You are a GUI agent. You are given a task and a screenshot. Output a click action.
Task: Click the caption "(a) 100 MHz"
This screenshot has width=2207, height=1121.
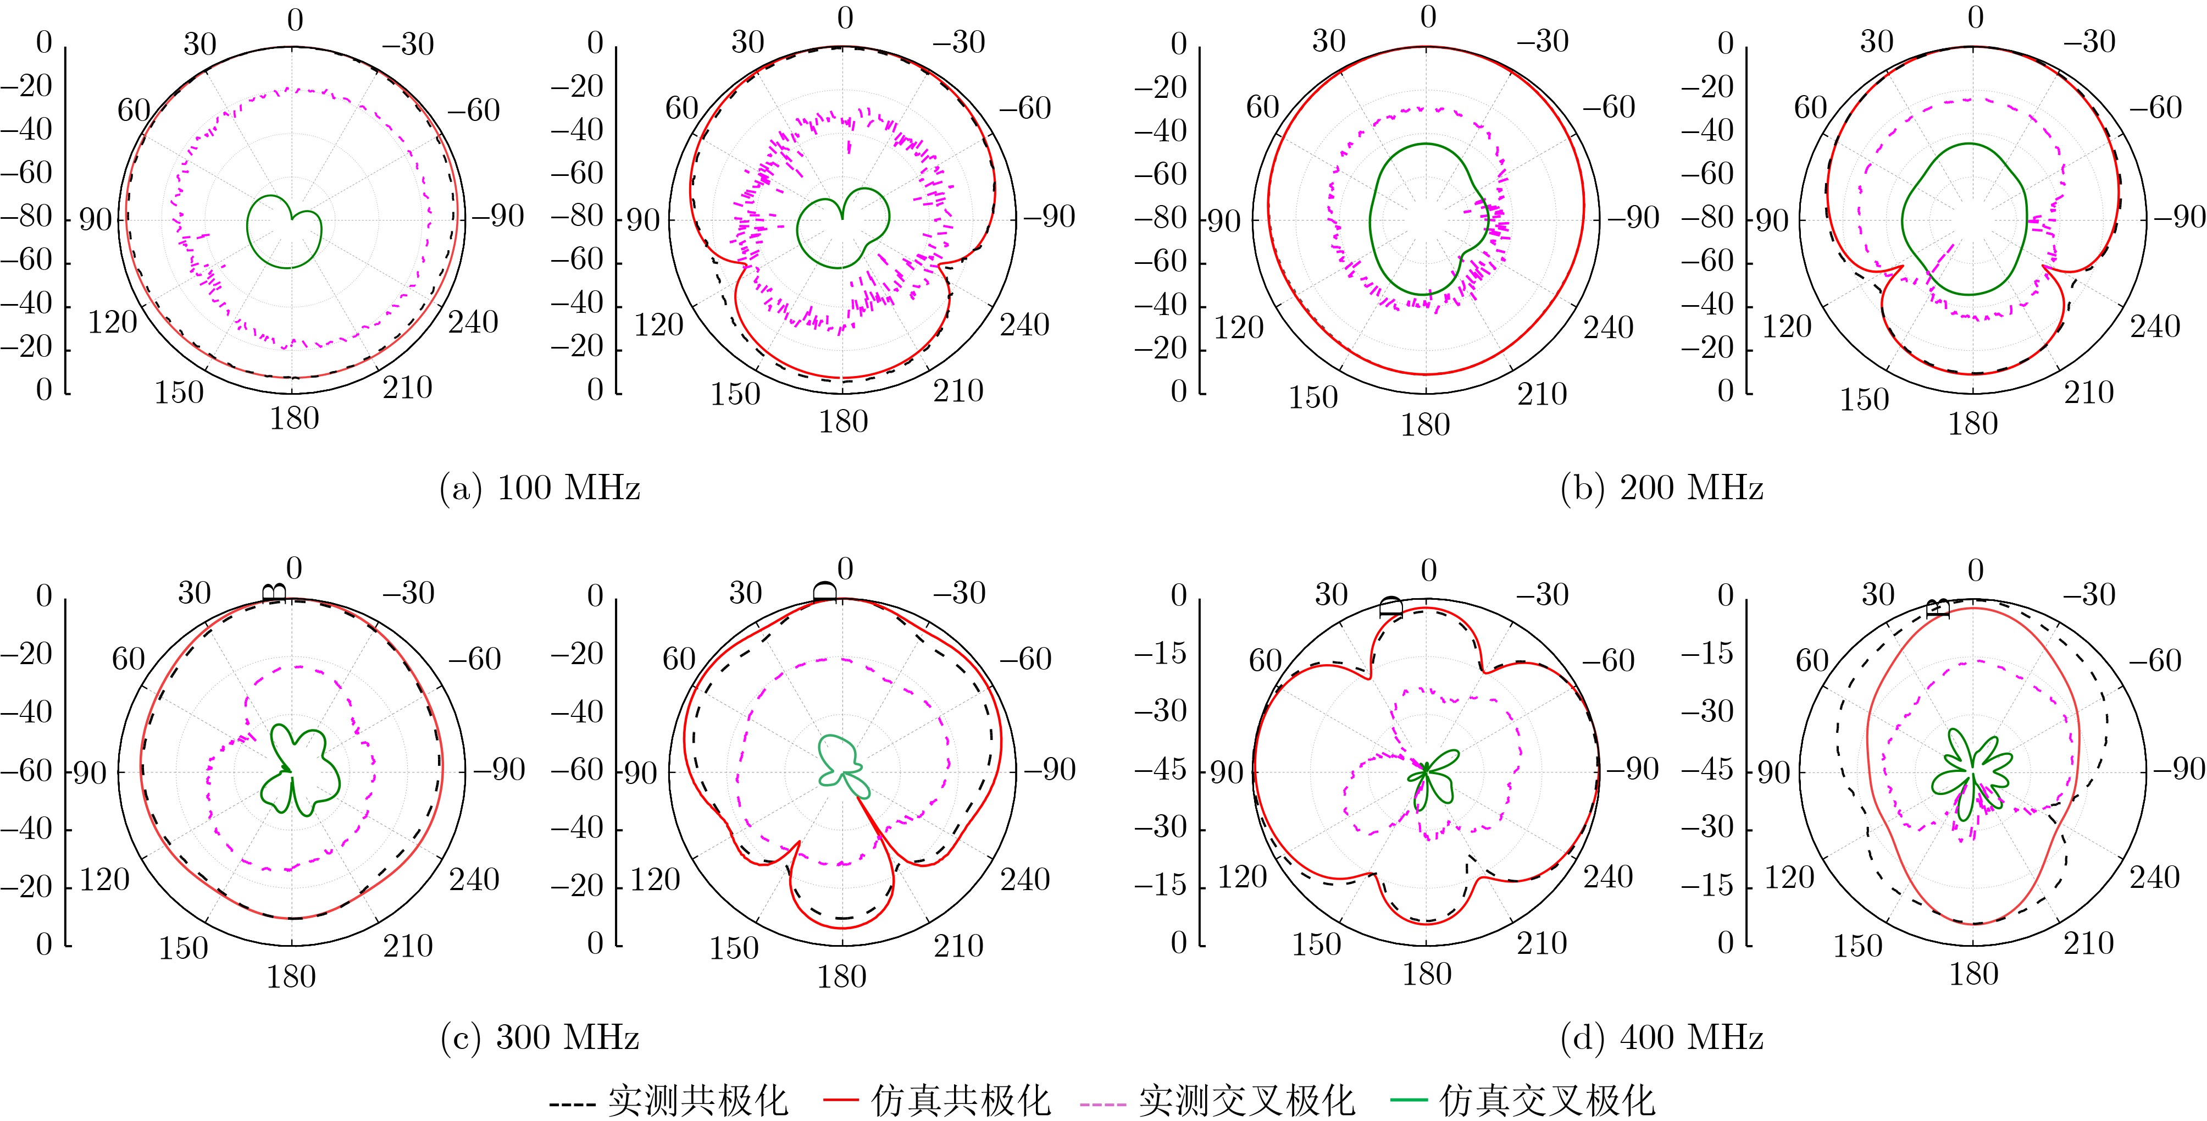pos(540,489)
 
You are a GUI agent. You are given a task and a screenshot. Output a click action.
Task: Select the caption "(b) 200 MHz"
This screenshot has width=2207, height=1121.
pos(1662,489)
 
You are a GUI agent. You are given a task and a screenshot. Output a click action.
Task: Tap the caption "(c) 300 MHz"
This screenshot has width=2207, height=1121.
pos(540,1038)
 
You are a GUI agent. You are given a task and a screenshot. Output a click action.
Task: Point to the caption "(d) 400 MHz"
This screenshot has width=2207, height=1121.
pos(1662,1038)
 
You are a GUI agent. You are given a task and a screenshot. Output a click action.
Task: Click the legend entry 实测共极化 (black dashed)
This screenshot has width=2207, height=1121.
pos(668,1101)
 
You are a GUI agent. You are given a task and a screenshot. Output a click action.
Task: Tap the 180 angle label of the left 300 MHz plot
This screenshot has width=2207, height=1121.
pos(291,977)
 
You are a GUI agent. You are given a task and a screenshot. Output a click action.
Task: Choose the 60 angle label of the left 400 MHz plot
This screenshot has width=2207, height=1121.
pos(1266,661)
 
